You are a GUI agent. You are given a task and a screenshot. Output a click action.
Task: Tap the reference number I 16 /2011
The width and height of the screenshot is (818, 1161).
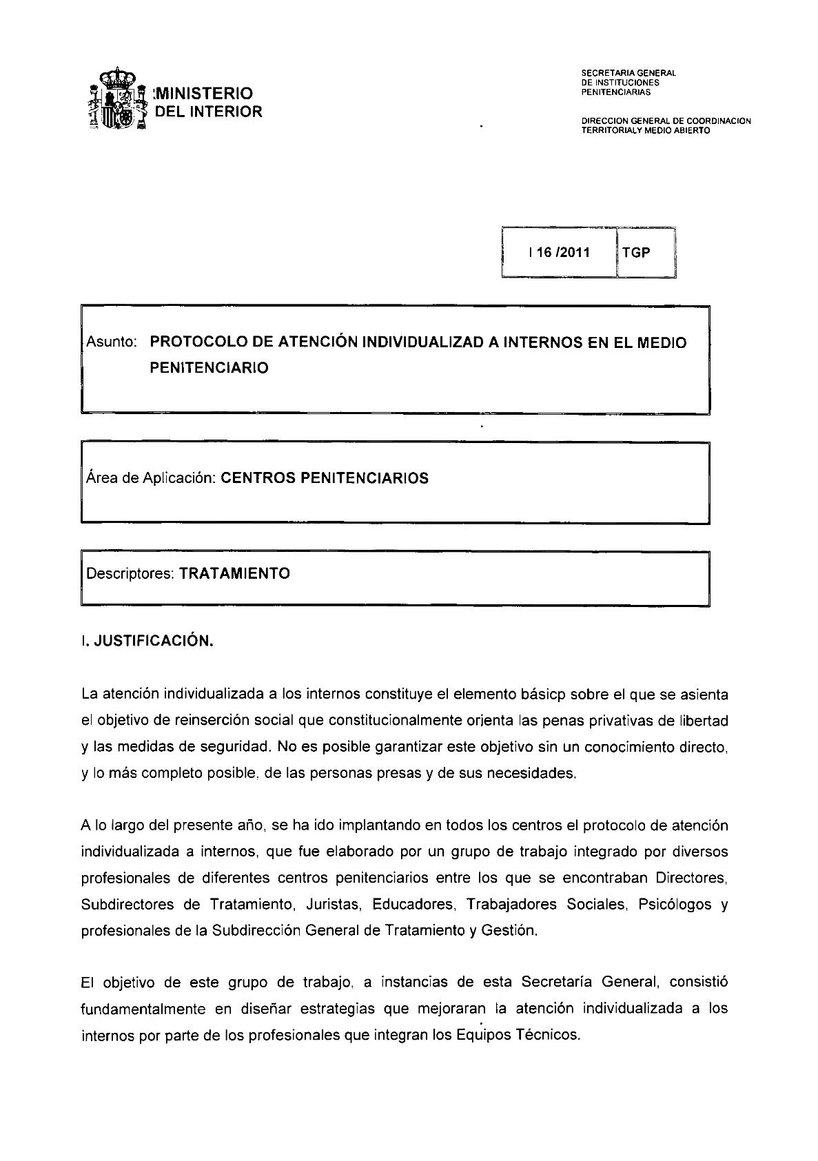click(x=559, y=252)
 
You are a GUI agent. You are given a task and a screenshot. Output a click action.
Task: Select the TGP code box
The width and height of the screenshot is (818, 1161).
click(x=636, y=252)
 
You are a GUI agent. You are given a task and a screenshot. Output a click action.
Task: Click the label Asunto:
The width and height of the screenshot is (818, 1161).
click(x=112, y=342)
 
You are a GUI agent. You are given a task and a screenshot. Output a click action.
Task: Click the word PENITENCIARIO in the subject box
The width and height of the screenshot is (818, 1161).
click(x=209, y=368)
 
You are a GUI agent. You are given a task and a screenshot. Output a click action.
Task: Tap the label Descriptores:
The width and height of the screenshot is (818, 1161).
click(x=129, y=573)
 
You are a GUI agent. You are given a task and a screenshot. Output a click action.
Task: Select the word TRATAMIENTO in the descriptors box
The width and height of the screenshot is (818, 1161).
click(x=234, y=573)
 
